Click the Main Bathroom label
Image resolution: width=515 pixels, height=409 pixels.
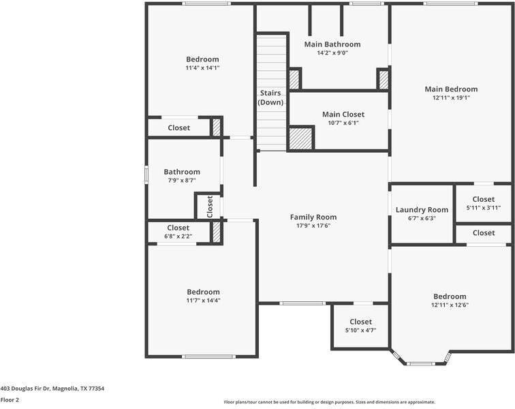(x=332, y=44)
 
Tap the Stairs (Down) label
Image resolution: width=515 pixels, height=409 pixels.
(x=270, y=97)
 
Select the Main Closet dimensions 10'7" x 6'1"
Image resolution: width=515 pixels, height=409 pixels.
(x=343, y=123)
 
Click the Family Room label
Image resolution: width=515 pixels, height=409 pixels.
(x=313, y=217)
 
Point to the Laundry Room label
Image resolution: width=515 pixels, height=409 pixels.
(x=422, y=210)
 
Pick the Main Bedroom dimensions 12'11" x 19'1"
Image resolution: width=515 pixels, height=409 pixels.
(x=451, y=98)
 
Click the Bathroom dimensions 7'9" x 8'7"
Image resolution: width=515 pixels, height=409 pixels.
(x=181, y=181)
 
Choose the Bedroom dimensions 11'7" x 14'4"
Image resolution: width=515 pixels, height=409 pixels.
(x=203, y=301)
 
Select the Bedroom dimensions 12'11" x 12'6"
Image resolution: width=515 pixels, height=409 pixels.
(x=450, y=305)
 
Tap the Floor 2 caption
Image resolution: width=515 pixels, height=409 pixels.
(x=10, y=400)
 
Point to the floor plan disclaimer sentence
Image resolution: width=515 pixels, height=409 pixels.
(x=329, y=402)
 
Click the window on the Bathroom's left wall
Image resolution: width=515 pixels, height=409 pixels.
(x=146, y=175)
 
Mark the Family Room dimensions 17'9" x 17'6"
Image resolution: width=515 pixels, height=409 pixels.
(x=313, y=226)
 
